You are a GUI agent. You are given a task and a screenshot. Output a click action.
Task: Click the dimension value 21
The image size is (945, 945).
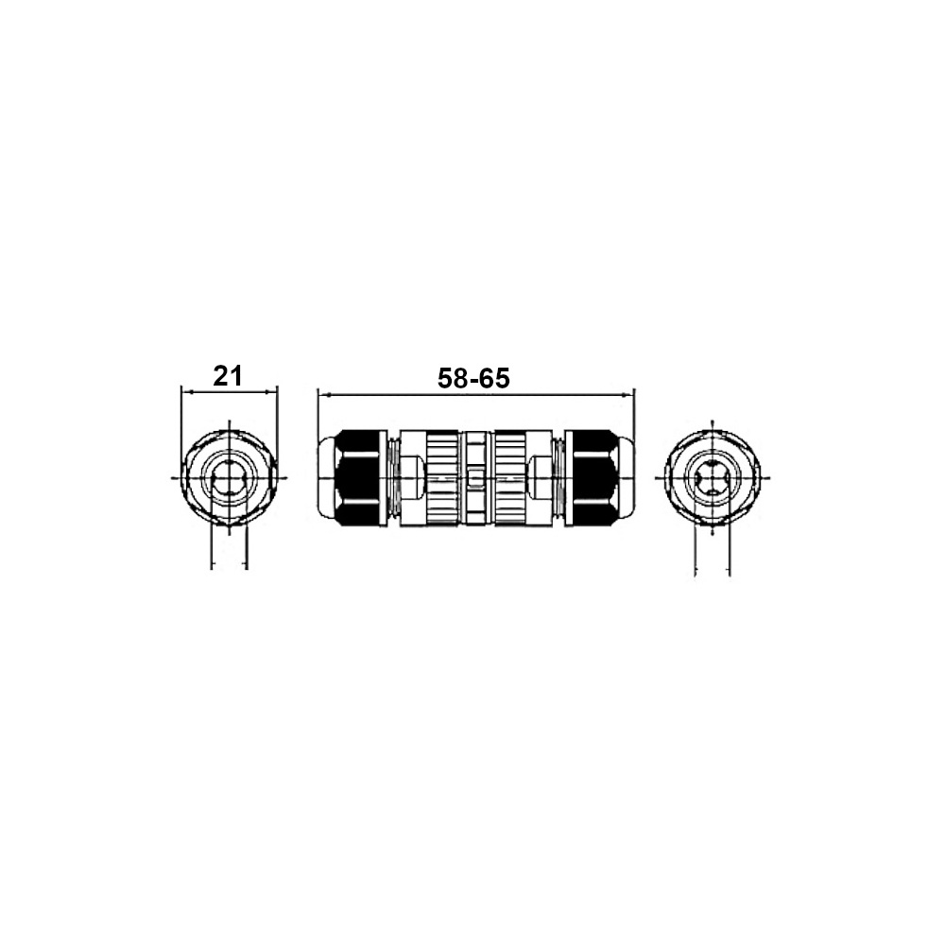[x=228, y=376]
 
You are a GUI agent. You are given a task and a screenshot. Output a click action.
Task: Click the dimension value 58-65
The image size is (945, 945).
[x=473, y=379]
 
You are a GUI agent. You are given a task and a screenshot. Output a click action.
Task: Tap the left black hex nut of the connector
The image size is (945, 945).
[x=360, y=476]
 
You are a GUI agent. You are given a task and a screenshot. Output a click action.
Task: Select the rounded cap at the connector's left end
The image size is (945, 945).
[x=326, y=476]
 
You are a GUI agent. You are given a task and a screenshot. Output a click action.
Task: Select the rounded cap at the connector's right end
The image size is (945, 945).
[x=626, y=476]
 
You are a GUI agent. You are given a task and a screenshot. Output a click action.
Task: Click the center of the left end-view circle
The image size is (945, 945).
[x=230, y=477]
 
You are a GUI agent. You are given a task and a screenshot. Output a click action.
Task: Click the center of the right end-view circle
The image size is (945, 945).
[x=713, y=477]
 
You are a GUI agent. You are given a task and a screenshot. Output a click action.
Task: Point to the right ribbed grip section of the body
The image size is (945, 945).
[x=510, y=477]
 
